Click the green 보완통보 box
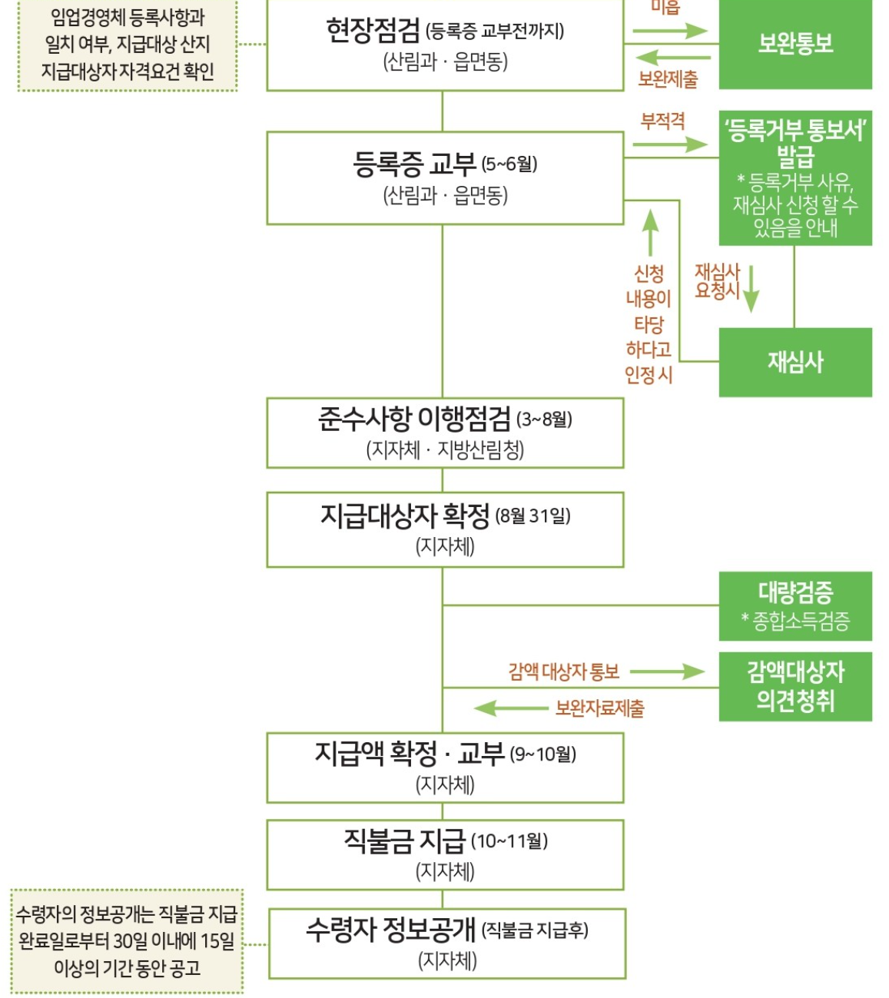tap(795, 44)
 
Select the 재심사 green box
tap(795, 362)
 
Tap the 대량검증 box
tap(795, 605)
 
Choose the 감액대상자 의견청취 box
tap(795, 686)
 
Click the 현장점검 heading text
tap(373, 31)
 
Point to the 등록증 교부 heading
tap(415, 164)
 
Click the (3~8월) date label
tap(544, 419)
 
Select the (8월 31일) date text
tap(532, 516)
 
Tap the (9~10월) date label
tap(542, 754)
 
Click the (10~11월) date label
tap(509, 841)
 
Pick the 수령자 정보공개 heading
tap(390, 930)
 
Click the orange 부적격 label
tap(662, 121)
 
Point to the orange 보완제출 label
tap(668, 78)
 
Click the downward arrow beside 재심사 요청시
tap(751, 289)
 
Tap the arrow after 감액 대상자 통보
tap(666, 671)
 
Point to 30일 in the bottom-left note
tap(131, 941)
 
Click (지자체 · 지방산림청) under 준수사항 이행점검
tap(445, 449)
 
